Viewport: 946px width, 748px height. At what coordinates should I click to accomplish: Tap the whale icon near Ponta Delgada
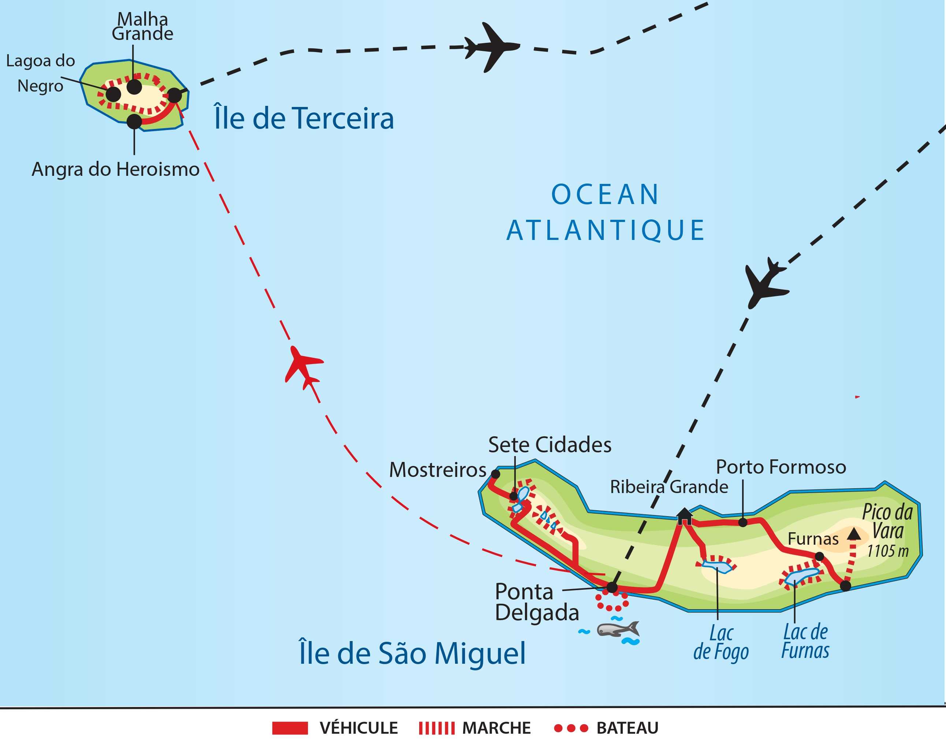[x=618, y=630]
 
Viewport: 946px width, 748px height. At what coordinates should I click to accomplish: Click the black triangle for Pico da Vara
[x=854, y=534]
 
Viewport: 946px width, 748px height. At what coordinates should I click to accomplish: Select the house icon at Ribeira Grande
[x=684, y=516]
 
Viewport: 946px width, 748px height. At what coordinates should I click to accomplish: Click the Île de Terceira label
[x=304, y=118]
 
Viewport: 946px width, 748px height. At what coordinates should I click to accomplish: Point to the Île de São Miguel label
[x=412, y=653]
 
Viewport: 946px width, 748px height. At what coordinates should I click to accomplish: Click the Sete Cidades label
[x=550, y=445]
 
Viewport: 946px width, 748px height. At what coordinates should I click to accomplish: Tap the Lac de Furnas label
[x=805, y=641]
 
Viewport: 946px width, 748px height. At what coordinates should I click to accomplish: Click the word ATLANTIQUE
[x=606, y=231]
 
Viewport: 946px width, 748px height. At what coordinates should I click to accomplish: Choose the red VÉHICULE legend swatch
[x=290, y=728]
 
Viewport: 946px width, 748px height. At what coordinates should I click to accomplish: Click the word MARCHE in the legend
[x=496, y=728]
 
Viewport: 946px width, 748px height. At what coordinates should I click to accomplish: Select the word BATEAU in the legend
[x=627, y=728]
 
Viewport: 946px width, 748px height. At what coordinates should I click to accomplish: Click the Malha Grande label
[x=142, y=27]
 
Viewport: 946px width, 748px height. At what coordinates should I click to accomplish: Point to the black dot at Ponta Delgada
[x=612, y=587]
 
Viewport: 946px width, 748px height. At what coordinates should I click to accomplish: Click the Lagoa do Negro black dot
[x=113, y=94]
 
